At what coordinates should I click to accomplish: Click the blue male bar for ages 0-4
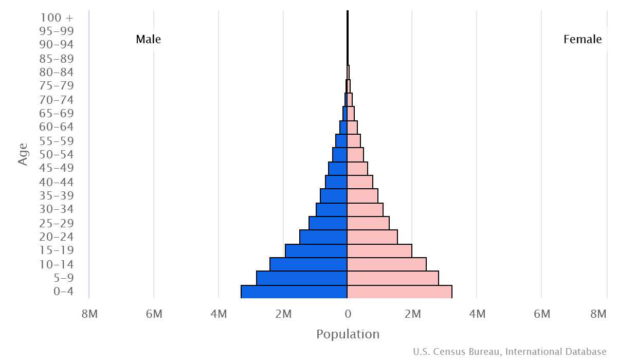[x=294, y=292]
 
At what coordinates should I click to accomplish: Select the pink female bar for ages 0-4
[x=400, y=292]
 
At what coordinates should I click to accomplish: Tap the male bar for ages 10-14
[x=308, y=264]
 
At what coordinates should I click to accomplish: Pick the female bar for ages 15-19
[x=379, y=250]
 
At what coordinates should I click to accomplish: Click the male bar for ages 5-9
[x=302, y=278]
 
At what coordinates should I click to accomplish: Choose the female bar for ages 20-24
[x=372, y=237]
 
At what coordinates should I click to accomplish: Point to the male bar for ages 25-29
[x=328, y=223]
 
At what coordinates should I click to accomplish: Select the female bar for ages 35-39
[x=362, y=195]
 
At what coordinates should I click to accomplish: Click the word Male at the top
[x=148, y=39]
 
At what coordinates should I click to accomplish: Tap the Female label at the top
[x=583, y=39]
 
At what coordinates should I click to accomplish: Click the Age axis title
[x=23, y=154]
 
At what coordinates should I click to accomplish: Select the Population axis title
[x=348, y=334]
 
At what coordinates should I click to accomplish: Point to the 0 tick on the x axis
[x=348, y=314]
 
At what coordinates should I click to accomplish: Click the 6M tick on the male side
[x=154, y=314]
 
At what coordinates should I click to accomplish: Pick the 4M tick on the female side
[x=477, y=314]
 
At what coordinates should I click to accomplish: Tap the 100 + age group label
[x=56, y=17]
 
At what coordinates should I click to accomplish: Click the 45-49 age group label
[x=56, y=168]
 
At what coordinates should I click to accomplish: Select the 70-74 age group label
[x=56, y=100]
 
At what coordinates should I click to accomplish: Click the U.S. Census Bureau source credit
[x=510, y=352]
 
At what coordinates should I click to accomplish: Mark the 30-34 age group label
[x=56, y=209]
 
